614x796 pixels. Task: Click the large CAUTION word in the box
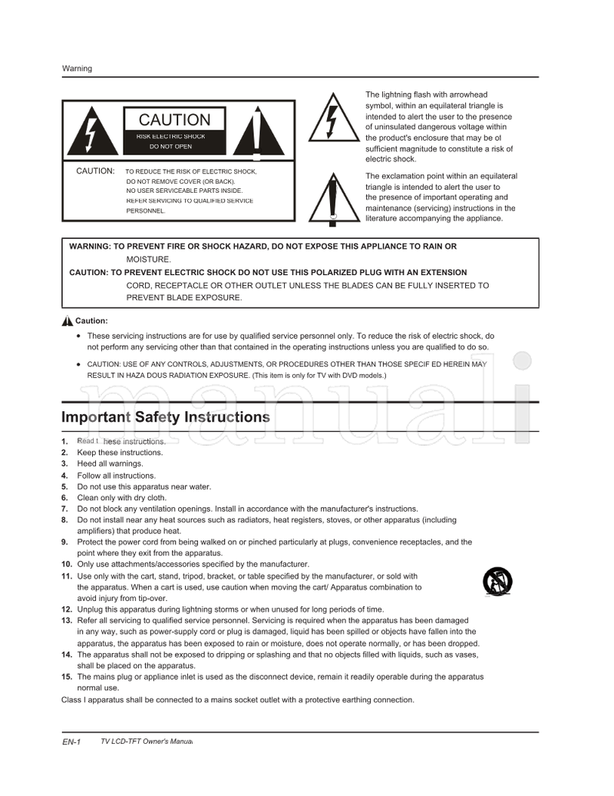174,120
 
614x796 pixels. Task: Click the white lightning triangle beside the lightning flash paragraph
332,121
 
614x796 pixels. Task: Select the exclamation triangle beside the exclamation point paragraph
332,200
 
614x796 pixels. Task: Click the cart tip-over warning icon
497,581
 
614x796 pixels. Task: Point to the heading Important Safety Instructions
165,417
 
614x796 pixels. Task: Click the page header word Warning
77,68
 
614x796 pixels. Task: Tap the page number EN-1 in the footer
71,742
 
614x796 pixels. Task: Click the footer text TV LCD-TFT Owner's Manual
146,741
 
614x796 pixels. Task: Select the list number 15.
67,677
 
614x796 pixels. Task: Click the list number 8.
64,520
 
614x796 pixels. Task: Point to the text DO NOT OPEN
170,147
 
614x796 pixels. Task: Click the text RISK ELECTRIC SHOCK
171,136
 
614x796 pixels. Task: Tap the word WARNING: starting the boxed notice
90,247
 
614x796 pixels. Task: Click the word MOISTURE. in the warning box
149,260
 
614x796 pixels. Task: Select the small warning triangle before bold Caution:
68,321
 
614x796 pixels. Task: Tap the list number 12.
67,609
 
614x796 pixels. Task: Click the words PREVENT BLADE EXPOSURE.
183,298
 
